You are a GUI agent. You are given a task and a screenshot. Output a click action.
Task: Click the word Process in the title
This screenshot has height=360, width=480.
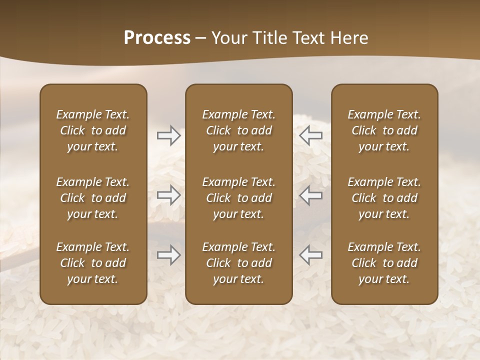click(157, 38)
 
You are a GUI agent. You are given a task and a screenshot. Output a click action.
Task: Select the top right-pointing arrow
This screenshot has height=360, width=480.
click(168, 135)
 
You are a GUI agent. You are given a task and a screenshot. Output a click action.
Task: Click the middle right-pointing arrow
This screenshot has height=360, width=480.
click(168, 195)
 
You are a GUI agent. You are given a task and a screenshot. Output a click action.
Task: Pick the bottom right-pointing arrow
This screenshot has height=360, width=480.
click(168, 255)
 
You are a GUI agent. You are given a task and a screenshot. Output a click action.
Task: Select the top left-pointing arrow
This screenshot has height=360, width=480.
click(311, 135)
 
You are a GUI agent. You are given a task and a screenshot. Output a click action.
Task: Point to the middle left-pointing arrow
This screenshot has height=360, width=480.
click(311, 195)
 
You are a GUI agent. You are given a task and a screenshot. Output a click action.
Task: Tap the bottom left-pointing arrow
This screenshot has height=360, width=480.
click(311, 255)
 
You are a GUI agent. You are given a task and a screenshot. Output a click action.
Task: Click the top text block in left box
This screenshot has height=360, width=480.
click(93, 130)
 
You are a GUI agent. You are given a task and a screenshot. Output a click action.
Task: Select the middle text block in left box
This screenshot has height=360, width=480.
click(93, 198)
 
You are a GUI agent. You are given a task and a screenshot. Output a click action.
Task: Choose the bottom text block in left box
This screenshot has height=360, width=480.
click(93, 263)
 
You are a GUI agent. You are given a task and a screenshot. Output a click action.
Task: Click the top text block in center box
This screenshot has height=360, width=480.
click(238, 130)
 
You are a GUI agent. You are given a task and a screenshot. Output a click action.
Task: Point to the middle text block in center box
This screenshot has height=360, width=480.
click(238, 198)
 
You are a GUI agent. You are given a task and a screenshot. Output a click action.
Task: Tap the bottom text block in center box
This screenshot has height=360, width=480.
click(238, 263)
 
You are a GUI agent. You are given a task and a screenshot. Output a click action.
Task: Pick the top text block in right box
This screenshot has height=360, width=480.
click(384, 130)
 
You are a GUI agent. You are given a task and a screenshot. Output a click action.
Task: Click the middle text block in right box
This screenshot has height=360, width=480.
click(384, 198)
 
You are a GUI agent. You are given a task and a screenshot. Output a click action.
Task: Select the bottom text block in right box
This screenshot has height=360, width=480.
click(384, 263)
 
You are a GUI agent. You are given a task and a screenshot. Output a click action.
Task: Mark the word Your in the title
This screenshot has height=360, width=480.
click(228, 38)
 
